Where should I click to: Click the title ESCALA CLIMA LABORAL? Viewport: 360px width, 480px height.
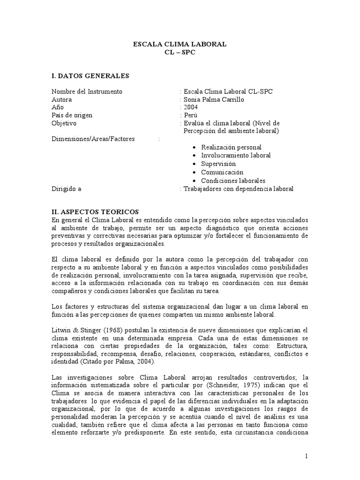coord(180,44)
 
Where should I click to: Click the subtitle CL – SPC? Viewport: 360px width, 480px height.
coord(180,52)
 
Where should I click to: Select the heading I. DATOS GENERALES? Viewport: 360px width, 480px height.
coord(90,75)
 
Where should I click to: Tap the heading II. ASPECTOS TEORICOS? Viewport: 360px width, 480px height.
coord(95,212)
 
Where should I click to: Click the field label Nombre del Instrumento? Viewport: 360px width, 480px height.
coord(87,91)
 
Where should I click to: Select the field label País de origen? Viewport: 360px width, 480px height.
coord(72,116)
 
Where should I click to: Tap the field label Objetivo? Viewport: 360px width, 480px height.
coord(64,124)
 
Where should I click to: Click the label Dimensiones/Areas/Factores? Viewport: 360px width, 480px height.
coord(93,139)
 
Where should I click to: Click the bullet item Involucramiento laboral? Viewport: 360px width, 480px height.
coord(236,155)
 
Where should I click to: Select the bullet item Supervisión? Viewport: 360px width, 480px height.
coord(218,164)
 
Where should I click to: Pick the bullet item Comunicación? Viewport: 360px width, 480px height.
coord(222,172)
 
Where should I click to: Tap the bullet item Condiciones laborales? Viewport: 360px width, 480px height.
coord(233,180)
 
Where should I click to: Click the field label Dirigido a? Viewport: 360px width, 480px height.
coord(67,189)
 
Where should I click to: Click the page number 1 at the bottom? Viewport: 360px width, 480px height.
coord(306,456)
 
